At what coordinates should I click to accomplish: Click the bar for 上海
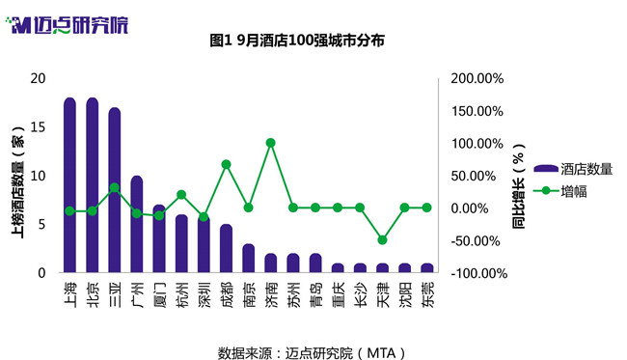(70, 184)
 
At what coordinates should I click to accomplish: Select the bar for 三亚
(115, 190)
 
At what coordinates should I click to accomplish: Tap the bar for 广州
(137, 224)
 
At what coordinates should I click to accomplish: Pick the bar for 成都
(226, 248)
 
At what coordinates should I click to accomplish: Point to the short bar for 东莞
(426, 268)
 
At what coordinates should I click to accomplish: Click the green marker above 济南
(271, 143)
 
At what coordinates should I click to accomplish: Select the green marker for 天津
(382, 240)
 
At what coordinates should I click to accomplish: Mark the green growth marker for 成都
(227, 164)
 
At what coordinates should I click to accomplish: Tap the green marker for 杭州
(181, 195)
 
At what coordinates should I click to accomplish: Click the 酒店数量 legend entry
(573, 169)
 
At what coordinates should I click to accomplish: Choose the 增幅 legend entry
(560, 192)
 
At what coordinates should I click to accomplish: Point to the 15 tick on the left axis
(38, 127)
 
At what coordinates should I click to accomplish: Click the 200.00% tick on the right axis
(477, 78)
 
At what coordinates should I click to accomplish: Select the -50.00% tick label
(476, 241)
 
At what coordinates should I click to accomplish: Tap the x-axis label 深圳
(204, 294)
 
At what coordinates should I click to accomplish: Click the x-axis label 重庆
(338, 294)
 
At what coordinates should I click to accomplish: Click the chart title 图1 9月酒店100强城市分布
(297, 41)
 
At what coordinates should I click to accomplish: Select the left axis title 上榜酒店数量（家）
(17, 182)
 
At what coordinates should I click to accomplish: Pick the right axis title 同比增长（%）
(518, 186)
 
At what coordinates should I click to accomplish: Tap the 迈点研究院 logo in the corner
(68, 25)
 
